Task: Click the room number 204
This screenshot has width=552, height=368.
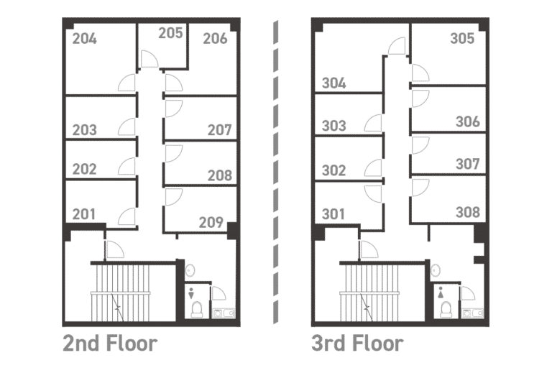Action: (x=85, y=39)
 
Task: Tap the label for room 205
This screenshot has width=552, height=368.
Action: (x=170, y=33)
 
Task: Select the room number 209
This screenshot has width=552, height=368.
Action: (x=211, y=222)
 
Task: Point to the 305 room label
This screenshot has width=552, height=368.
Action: (x=462, y=38)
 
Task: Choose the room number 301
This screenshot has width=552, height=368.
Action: (x=333, y=213)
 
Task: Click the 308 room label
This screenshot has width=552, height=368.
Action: (x=468, y=212)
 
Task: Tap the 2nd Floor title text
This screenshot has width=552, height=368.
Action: (x=110, y=344)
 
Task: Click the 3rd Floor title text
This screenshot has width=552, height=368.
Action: (x=358, y=344)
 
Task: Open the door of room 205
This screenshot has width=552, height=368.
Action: (x=149, y=59)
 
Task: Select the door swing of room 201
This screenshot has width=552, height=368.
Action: (x=126, y=216)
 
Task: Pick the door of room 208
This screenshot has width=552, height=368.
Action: (x=173, y=154)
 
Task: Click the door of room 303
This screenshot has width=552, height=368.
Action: (x=373, y=123)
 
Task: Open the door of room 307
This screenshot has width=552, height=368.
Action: (x=420, y=145)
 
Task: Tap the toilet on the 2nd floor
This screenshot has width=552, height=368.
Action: (x=196, y=309)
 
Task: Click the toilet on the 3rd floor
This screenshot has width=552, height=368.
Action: (x=446, y=309)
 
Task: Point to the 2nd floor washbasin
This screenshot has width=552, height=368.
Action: (x=190, y=270)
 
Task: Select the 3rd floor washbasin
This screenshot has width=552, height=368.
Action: (x=436, y=270)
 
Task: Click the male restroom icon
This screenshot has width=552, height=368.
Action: (x=191, y=293)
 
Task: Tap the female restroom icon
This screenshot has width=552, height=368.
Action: (x=441, y=293)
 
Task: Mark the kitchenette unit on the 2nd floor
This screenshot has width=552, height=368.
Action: (x=224, y=313)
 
